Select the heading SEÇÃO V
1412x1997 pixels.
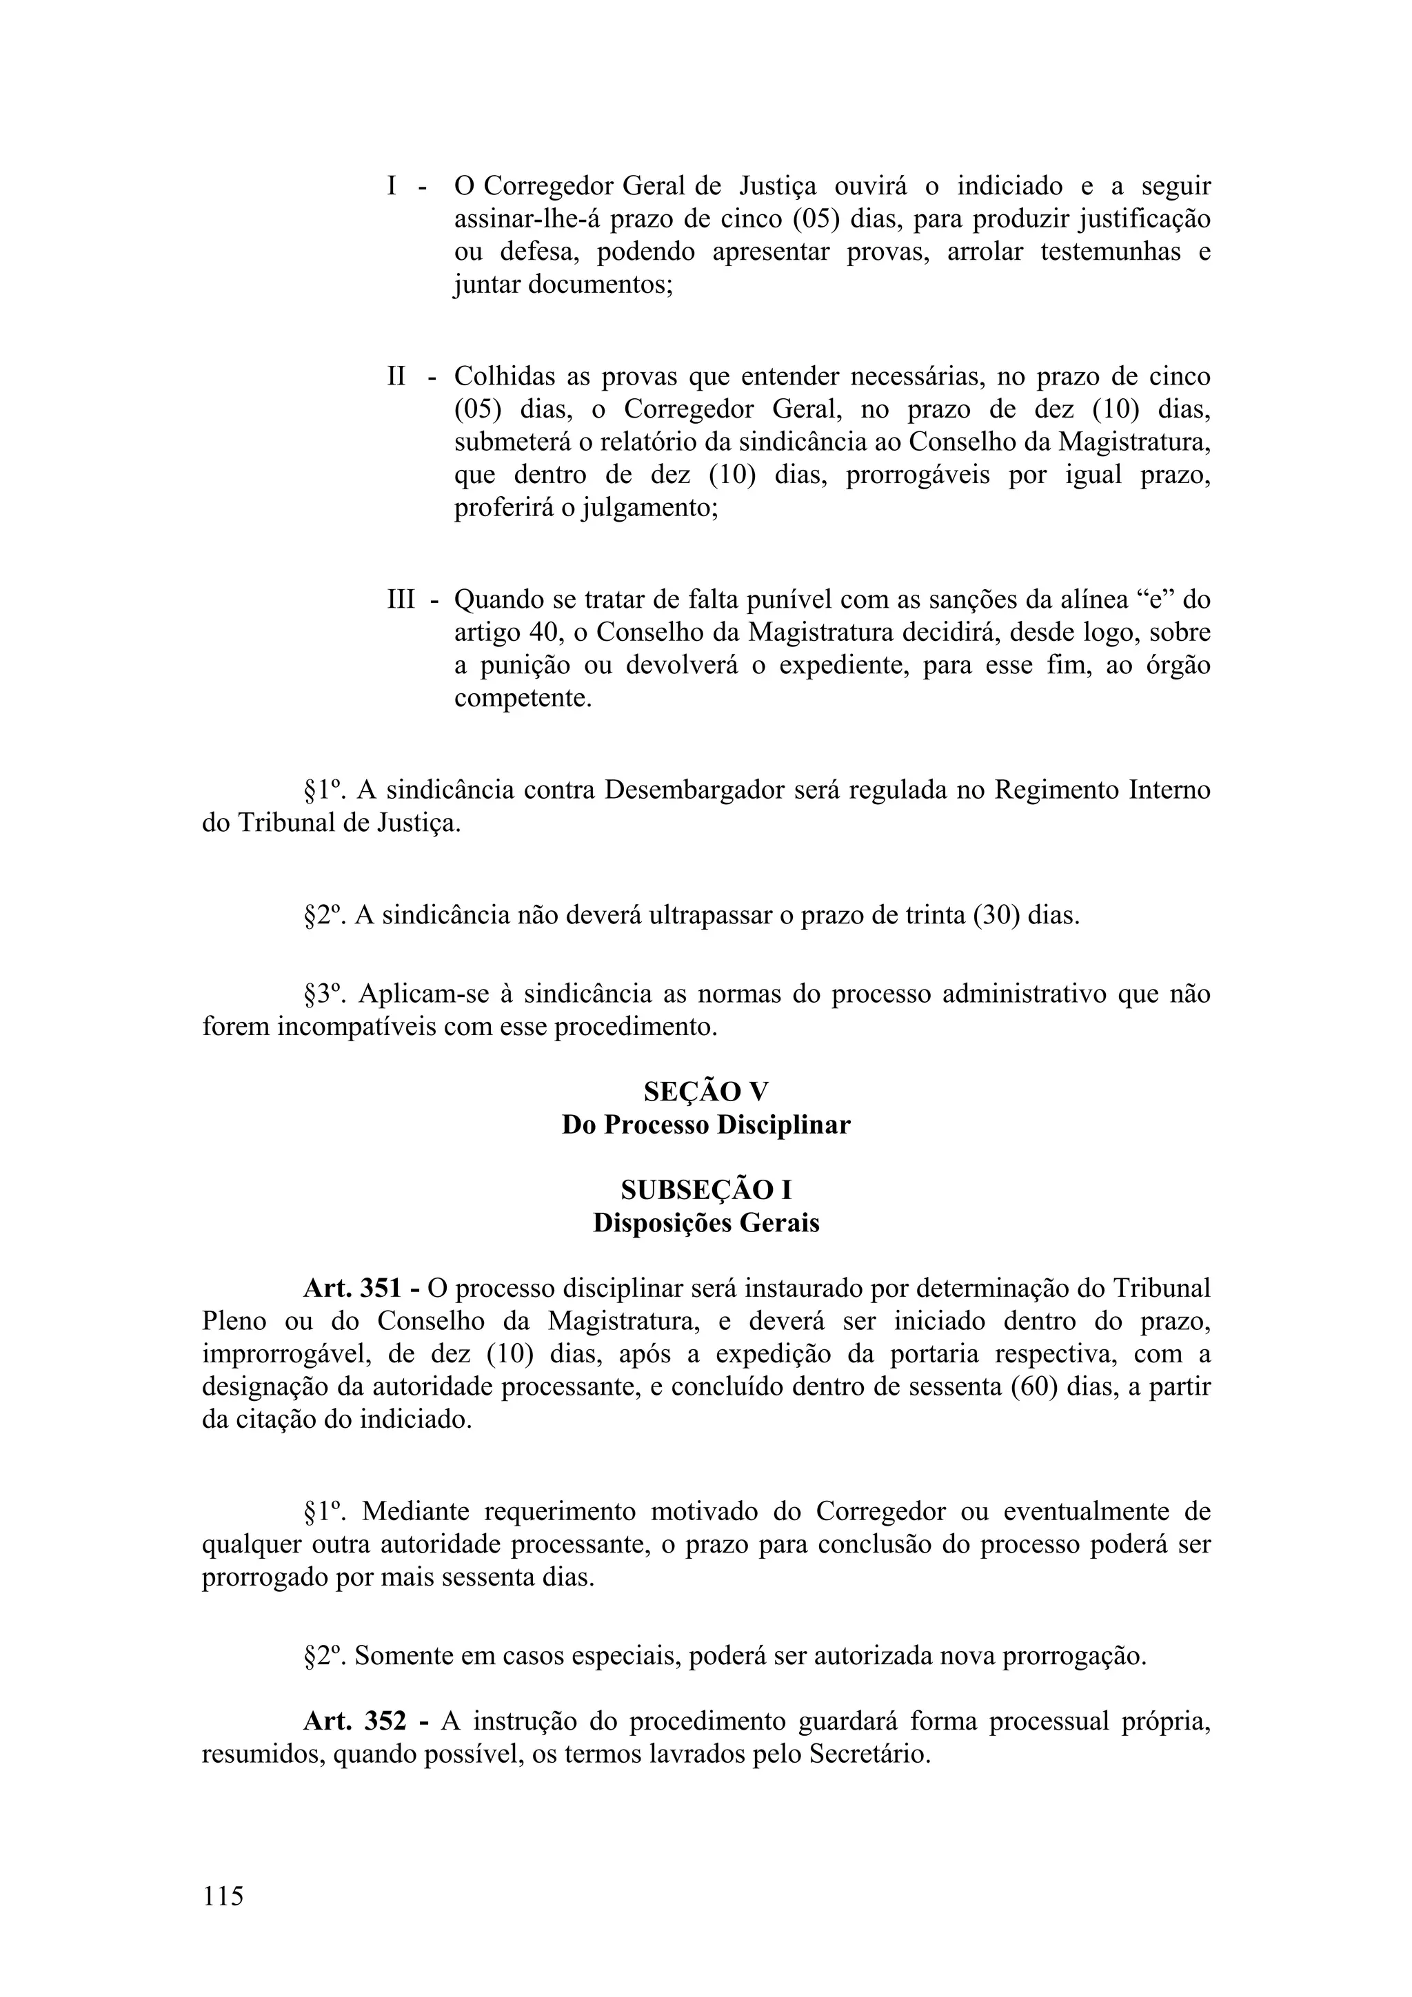[x=705, y=1092]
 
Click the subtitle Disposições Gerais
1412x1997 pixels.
[x=705, y=1223]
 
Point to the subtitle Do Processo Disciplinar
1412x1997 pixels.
[x=705, y=1125]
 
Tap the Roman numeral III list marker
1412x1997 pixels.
[x=401, y=600]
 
